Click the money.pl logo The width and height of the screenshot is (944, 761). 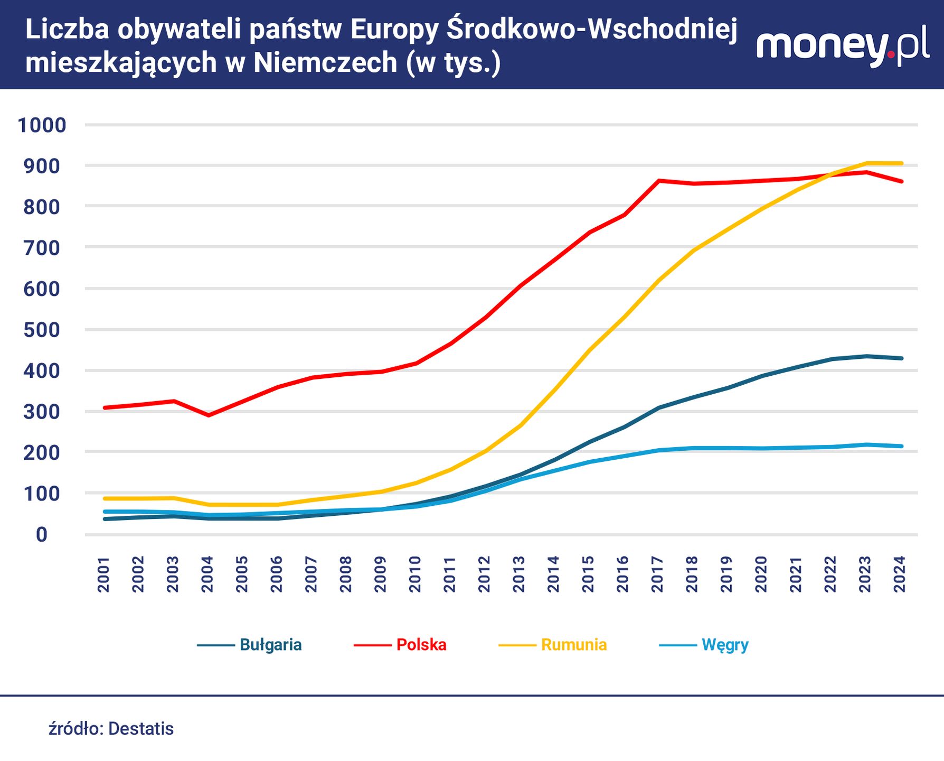pos(843,46)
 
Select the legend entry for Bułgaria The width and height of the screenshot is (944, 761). pos(270,645)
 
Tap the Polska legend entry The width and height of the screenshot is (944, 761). pos(421,645)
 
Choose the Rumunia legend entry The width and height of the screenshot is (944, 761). pos(573,645)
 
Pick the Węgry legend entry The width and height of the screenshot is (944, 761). pos(724,645)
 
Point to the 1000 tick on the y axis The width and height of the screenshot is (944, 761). pos(42,125)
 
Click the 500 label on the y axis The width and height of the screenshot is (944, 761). pos(42,330)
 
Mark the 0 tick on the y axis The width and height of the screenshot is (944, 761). pos(42,535)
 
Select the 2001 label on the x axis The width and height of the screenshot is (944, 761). pos(104,574)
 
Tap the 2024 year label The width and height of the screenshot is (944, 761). pos(900,574)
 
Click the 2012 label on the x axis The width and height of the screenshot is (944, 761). pos(485,574)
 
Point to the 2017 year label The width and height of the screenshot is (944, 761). pos(658,574)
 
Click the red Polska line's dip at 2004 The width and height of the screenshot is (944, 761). pos(209,415)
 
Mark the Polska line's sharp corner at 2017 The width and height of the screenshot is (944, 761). pos(659,181)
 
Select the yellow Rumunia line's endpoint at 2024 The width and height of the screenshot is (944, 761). pos(901,163)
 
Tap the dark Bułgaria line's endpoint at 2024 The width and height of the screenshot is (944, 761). pos(901,358)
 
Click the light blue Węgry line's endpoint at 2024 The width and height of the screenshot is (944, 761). pos(901,446)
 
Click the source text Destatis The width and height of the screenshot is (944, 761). pos(140,729)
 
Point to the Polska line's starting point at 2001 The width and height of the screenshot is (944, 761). pos(105,407)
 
